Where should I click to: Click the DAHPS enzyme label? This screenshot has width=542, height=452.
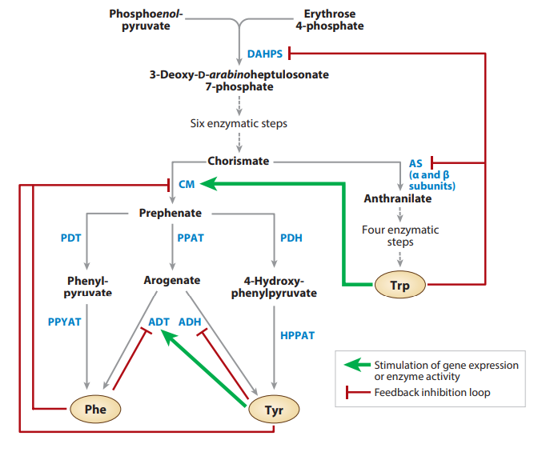coord(264,54)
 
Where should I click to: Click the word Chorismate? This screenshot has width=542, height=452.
coord(239,161)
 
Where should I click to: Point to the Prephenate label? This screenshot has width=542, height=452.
coord(170,213)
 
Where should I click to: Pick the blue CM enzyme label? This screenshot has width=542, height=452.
coord(186,184)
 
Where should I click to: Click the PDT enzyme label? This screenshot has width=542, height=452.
coord(70,238)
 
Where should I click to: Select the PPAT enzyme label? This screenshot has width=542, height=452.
coord(191,238)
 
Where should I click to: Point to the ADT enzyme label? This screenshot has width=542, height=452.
coord(159,322)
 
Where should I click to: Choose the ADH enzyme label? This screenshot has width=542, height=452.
coord(189,322)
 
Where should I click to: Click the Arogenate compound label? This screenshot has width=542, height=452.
coord(172,281)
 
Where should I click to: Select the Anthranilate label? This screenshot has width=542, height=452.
coord(398,198)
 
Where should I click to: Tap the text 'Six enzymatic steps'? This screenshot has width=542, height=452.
coord(239,124)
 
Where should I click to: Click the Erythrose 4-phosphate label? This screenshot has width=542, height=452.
coord(334,20)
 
